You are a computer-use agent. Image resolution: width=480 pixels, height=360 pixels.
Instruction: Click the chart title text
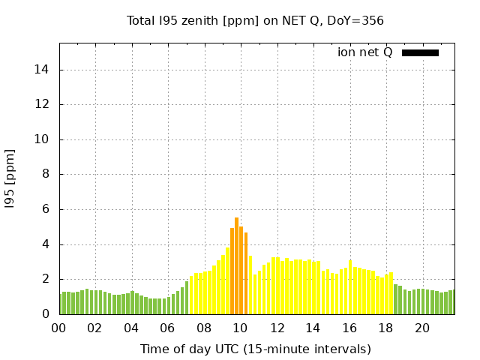tap(255, 20)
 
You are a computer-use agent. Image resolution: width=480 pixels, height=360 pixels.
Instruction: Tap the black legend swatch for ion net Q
tap(420, 52)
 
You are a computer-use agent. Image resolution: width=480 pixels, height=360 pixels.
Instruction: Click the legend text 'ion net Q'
tap(364, 52)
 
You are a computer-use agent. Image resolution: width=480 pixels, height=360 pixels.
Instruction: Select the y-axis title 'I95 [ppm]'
tap(10, 178)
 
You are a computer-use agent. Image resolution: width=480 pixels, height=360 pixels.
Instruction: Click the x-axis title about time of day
tap(255, 349)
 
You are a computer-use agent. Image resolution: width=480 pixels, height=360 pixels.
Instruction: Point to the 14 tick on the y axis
tap(44, 70)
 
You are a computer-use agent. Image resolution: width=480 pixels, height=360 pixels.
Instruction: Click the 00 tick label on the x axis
tap(58, 328)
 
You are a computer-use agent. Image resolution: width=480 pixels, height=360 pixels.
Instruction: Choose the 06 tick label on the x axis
tap(167, 328)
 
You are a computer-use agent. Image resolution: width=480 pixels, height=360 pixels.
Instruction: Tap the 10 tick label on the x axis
tap(240, 328)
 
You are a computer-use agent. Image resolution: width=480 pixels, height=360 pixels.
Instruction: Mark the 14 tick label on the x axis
tap(313, 328)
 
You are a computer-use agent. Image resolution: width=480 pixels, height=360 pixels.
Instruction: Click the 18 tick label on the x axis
tap(385, 328)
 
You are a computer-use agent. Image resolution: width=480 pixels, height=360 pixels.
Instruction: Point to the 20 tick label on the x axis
tap(422, 328)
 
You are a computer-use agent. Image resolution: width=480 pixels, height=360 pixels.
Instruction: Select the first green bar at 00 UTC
tap(61, 304)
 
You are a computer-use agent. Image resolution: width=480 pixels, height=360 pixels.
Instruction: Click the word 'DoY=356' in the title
tap(355, 20)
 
